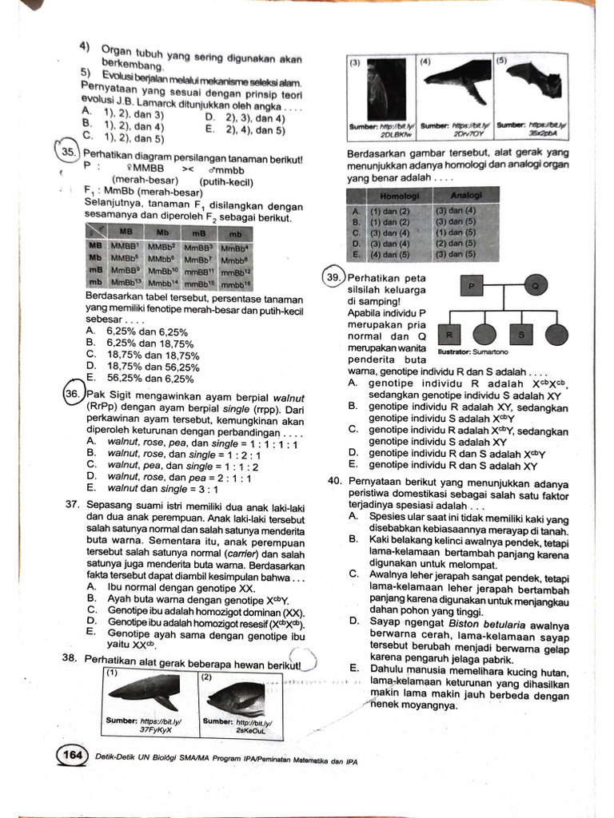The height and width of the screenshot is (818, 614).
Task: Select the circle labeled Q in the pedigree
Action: click(535, 285)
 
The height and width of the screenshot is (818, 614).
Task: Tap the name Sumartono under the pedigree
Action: click(490, 351)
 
